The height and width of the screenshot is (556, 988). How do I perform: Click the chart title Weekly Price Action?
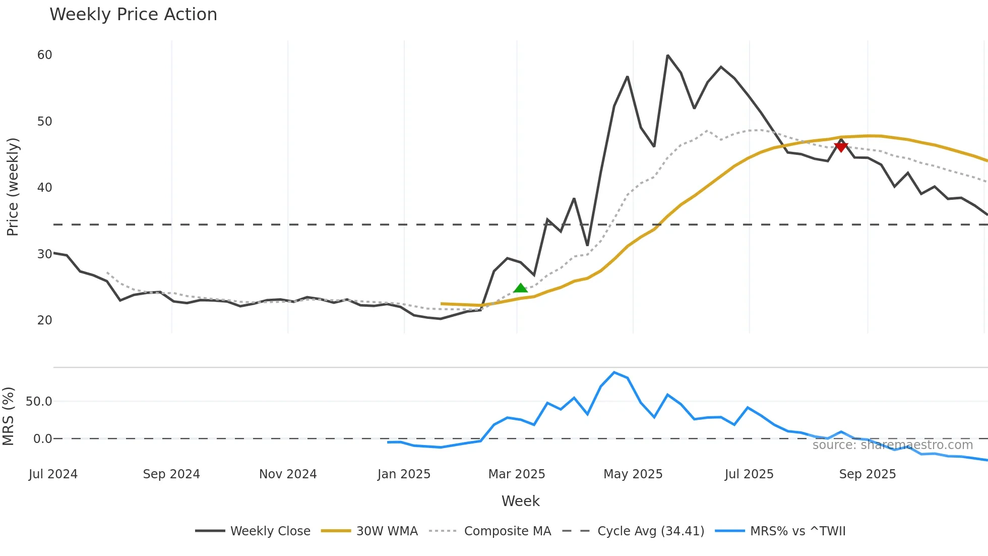(133, 15)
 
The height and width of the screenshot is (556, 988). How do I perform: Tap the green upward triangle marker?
(520, 288)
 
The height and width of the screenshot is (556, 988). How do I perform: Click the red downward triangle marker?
(841, 147)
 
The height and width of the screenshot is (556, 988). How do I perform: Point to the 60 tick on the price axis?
(44, 55)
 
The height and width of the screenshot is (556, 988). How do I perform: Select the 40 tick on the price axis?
(44, 188)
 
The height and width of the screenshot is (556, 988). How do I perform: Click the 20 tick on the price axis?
(44, 320)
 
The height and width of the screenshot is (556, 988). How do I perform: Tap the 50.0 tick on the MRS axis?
(39, 402)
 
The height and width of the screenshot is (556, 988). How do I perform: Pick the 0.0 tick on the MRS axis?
(42, 439)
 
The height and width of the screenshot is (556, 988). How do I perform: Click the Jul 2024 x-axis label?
(53, 474)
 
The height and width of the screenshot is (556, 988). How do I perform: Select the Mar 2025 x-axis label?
(517, 474)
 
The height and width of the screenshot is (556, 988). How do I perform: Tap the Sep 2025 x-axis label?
(867, 474)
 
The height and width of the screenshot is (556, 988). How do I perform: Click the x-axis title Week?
(520, 501)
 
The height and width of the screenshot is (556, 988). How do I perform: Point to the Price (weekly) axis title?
(13, 187)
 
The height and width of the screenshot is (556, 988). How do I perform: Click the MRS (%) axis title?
(8, 416)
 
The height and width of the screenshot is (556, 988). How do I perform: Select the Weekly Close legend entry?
(270, 531)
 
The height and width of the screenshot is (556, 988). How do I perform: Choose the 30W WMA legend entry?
(387, 531)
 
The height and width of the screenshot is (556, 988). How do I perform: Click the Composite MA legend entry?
(507, 531)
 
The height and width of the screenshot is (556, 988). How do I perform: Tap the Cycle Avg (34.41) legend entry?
(650, 531)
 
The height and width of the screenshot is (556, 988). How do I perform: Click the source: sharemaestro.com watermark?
(892, 445)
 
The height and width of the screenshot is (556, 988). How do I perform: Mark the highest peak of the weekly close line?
(667, 55)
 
